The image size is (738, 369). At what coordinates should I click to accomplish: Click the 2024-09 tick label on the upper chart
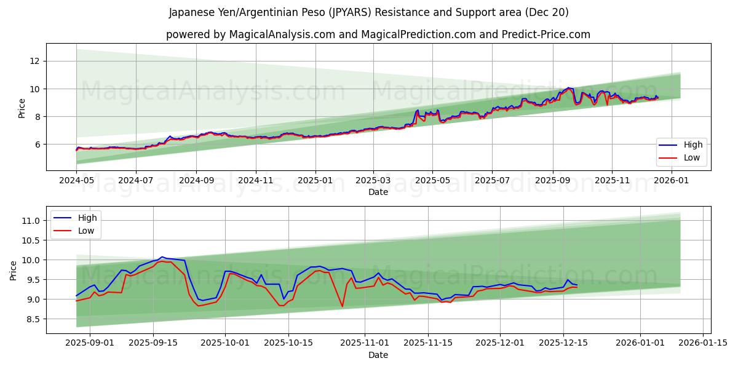[x=196, y=180]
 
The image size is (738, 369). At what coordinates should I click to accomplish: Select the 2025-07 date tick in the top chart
[x=491, y=180]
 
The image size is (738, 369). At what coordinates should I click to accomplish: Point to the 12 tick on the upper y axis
[x=34, y=61]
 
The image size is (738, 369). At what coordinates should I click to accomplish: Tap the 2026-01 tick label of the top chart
[x=671, y=180]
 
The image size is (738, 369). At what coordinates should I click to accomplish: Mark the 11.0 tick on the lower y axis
[x=30, y=221]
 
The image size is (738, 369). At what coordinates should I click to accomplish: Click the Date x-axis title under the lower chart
[x=378, y=355]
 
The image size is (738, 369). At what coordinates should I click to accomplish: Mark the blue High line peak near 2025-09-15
[x=162, y=257]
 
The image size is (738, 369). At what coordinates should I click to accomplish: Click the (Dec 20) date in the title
[x=547, y=12]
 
